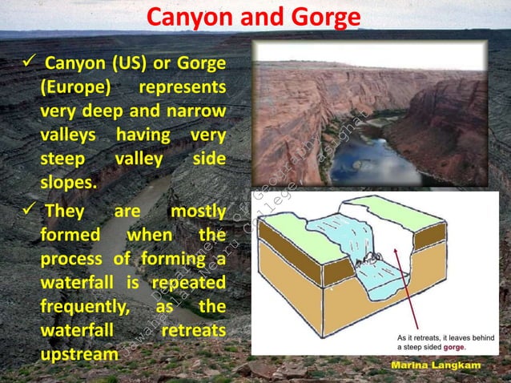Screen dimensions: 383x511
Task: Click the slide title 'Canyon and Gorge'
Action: (255, 18)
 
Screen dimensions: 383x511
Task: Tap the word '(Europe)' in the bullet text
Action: (74, 87)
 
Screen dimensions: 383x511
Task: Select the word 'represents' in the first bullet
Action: (182, 87)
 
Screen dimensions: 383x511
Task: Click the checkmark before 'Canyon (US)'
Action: (26, 62)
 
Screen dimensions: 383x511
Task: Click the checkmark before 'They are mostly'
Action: (26, 212)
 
